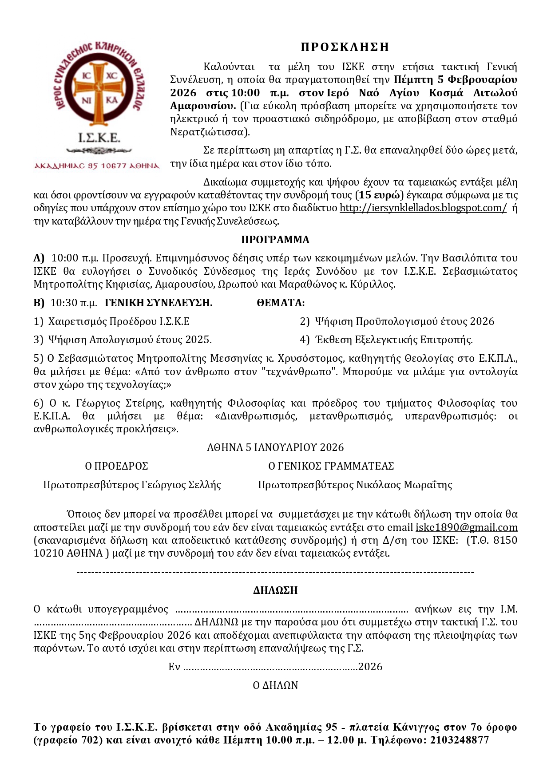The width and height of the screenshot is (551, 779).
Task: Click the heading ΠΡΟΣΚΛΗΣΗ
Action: pos(345,47)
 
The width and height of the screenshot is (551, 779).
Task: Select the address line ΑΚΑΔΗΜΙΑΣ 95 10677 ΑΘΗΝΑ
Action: pos(97,166)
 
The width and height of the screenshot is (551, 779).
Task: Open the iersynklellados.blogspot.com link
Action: pos(423,208)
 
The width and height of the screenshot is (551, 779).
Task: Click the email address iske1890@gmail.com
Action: pos(466,527)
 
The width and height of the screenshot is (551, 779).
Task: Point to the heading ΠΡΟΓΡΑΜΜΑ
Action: pos(275,240)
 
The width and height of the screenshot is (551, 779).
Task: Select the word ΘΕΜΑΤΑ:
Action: pos(281,303)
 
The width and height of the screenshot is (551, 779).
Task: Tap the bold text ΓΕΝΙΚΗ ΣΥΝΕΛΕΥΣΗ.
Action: pos(159,303)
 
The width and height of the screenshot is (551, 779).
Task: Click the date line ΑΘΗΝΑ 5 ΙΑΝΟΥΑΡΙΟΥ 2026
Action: pos(275,447)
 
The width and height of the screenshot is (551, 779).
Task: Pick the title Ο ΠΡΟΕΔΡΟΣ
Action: pos(116,466)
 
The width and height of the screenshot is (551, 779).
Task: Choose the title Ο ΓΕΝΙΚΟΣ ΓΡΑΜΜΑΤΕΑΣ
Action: pos(331,466)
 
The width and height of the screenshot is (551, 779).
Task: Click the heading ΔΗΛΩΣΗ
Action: pos(275,590)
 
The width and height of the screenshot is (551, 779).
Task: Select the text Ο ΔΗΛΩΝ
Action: pos(275,685)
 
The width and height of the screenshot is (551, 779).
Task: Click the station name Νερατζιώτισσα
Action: pos(208,132)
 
